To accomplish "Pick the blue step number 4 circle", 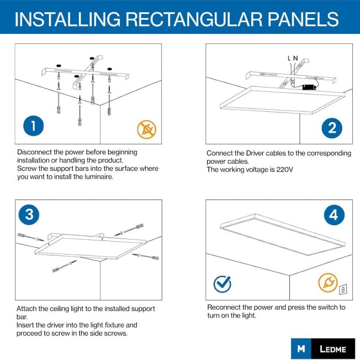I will click(x=333, y=215).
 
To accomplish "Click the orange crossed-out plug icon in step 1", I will click(x=147, y=129).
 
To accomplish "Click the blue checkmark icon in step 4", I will click(x=222, y=284).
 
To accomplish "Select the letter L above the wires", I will click(x=289, y=58).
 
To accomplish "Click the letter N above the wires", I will click(x=295, y=58).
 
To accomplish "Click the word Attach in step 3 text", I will click(x=26, y=309).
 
